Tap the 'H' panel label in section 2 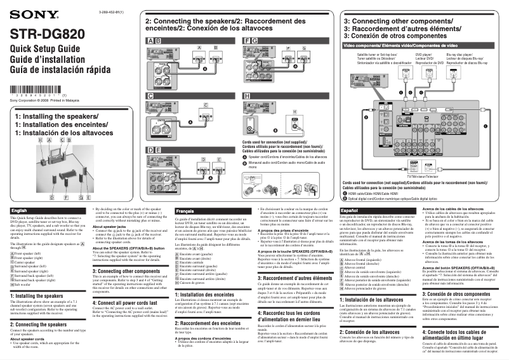[247, 95]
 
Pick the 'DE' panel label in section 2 [154, 149]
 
